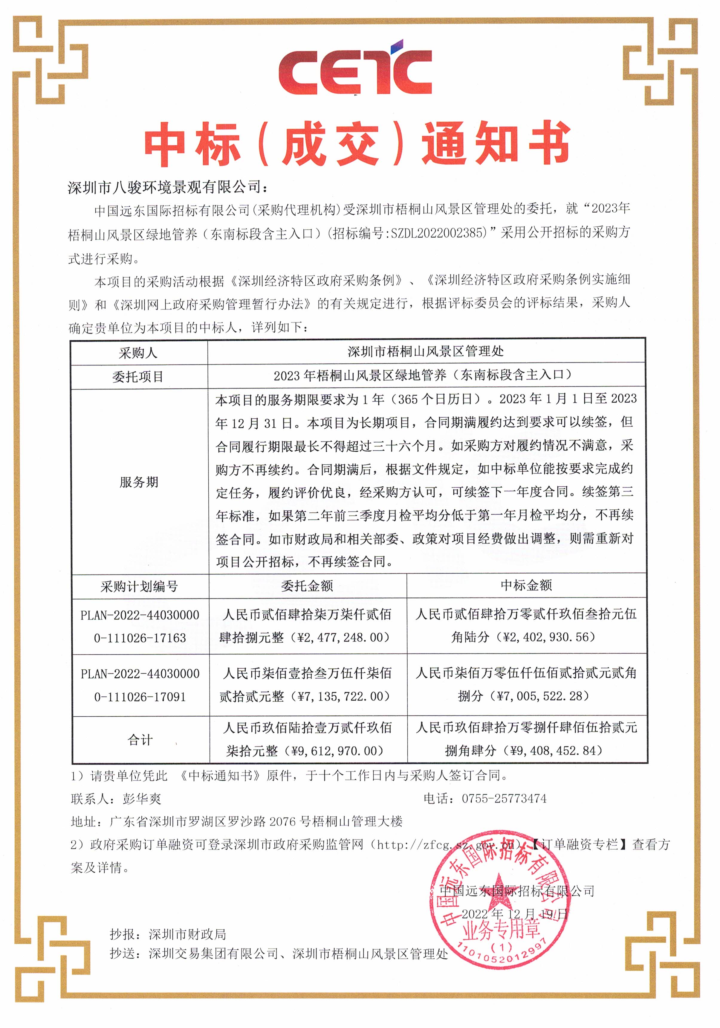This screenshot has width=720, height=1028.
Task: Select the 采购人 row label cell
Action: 138,353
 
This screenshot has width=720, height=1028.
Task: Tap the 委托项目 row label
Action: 138,377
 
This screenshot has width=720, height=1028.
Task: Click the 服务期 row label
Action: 139,482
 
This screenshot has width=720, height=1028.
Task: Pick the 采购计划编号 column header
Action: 139,587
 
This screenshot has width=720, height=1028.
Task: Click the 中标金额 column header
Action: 526,585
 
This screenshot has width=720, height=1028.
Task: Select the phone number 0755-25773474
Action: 504,798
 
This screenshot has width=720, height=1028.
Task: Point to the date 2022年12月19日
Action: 515,914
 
